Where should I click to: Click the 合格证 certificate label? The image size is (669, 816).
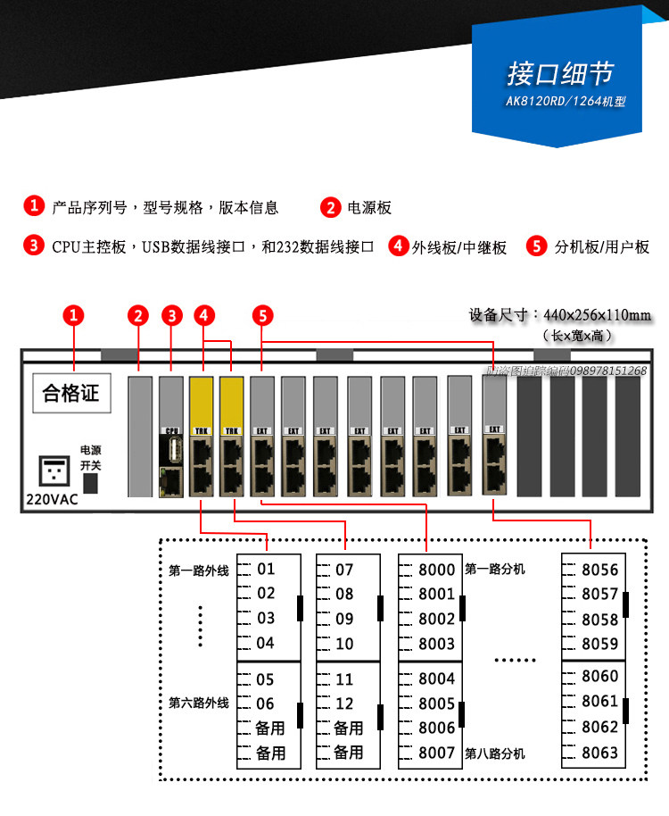pos(71,393)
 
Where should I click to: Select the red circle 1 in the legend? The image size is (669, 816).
pos(34,206)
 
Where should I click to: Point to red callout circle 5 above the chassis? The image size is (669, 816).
pos(262,315)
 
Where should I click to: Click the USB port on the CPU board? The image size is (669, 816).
pos(171,452)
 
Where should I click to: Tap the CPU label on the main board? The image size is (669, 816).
pos(171,429)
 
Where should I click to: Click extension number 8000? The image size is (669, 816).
pos(436,570)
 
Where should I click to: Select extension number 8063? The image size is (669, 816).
pos(599,753)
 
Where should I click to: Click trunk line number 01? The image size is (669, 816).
pos(266,569)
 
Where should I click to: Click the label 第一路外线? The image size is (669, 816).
pos(198,569)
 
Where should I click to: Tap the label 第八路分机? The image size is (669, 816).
pos(495,754)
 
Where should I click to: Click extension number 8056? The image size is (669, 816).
pos(599,570)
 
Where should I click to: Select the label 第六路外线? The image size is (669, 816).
pos(198,704)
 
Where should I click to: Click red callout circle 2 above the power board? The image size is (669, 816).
pos(137,315)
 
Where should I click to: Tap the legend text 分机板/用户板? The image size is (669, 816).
pos(602,247)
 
